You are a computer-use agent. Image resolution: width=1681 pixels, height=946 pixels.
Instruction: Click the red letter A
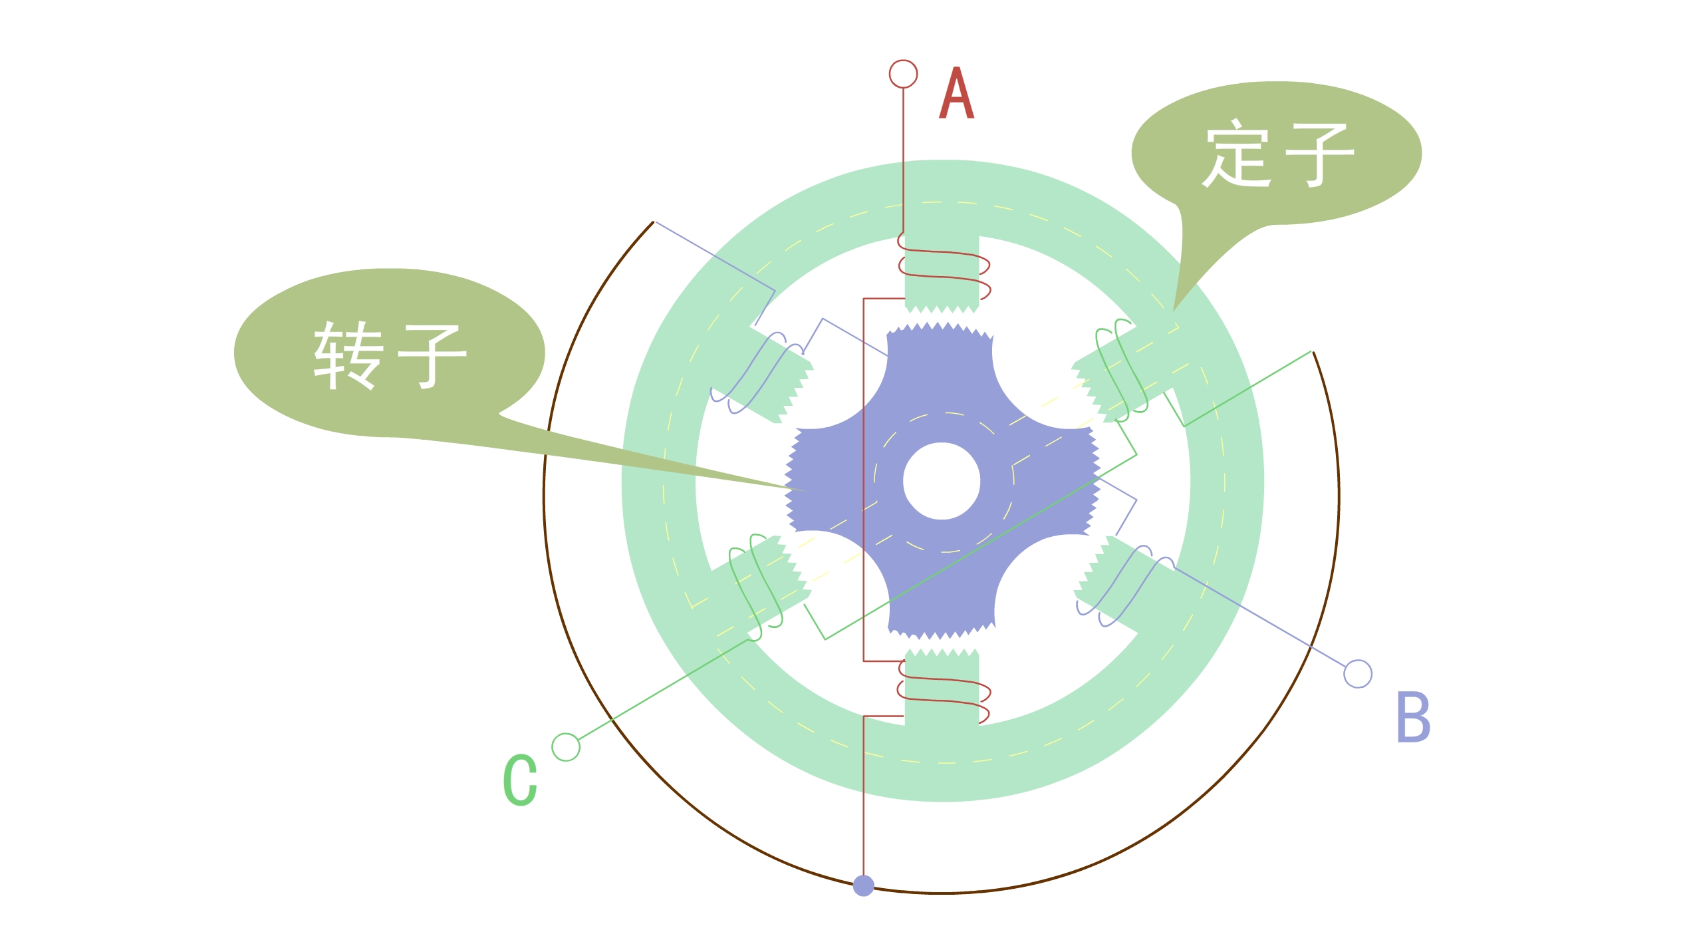tap(956, 94)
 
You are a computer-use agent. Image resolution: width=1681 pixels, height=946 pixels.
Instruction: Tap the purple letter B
tap(1412, 716)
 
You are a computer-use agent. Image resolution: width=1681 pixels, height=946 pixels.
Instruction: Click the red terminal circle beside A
tap(903, 74)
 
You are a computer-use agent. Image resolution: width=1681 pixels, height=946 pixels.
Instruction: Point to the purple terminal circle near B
tap(1358, 674)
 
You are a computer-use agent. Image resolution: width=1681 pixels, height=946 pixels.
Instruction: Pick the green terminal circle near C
tap(566, 747)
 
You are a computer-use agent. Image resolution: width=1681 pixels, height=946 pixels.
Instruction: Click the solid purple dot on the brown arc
tap(863, 886)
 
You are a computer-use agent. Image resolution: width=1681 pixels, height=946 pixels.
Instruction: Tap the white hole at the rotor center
tap(941, 481)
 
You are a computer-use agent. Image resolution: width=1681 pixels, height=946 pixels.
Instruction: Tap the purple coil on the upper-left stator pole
tap(758, 373)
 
